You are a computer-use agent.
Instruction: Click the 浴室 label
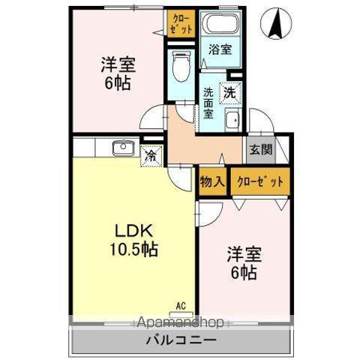pyautogui.click(x=220, y=50)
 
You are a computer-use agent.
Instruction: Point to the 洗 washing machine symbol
pyautogui.click(x=231, y=93)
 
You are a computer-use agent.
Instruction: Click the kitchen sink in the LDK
pyautogui.click(x=122, y=148)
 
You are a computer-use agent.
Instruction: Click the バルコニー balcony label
pyautogui.click(x=181, y=339)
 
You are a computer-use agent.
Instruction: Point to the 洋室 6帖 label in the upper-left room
pyautogui.click(x=117, y=73)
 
